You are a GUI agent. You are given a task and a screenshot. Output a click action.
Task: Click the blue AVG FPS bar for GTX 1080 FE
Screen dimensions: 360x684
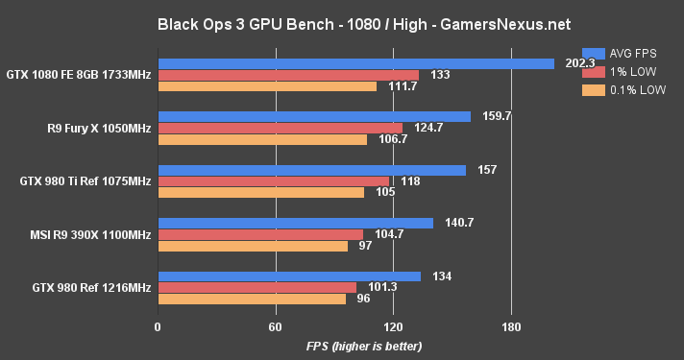click(x=355, y=63)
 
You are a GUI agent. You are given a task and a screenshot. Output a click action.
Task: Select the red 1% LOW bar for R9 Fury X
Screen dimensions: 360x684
click(x=280, y=128)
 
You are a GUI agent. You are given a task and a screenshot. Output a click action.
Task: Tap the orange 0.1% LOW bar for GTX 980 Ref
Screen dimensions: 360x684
click(x=252, y=299)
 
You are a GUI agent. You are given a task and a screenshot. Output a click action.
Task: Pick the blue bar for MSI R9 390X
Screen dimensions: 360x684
click(x=295, y=223)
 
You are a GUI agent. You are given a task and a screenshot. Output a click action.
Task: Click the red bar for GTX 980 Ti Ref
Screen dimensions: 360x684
click(x=273, y=180)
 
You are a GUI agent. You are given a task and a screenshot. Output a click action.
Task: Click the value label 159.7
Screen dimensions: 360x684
click(x=494, y=116)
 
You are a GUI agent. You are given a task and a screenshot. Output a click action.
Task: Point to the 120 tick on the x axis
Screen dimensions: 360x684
click(x=394, y=326)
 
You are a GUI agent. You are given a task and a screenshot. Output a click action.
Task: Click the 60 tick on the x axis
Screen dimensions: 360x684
click(x=276, y=326)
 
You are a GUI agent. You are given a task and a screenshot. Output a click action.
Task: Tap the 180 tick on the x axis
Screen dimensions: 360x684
click(x=512, y=326)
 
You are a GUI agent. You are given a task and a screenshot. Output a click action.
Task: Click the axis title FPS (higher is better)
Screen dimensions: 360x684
click(x=364, y=346)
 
